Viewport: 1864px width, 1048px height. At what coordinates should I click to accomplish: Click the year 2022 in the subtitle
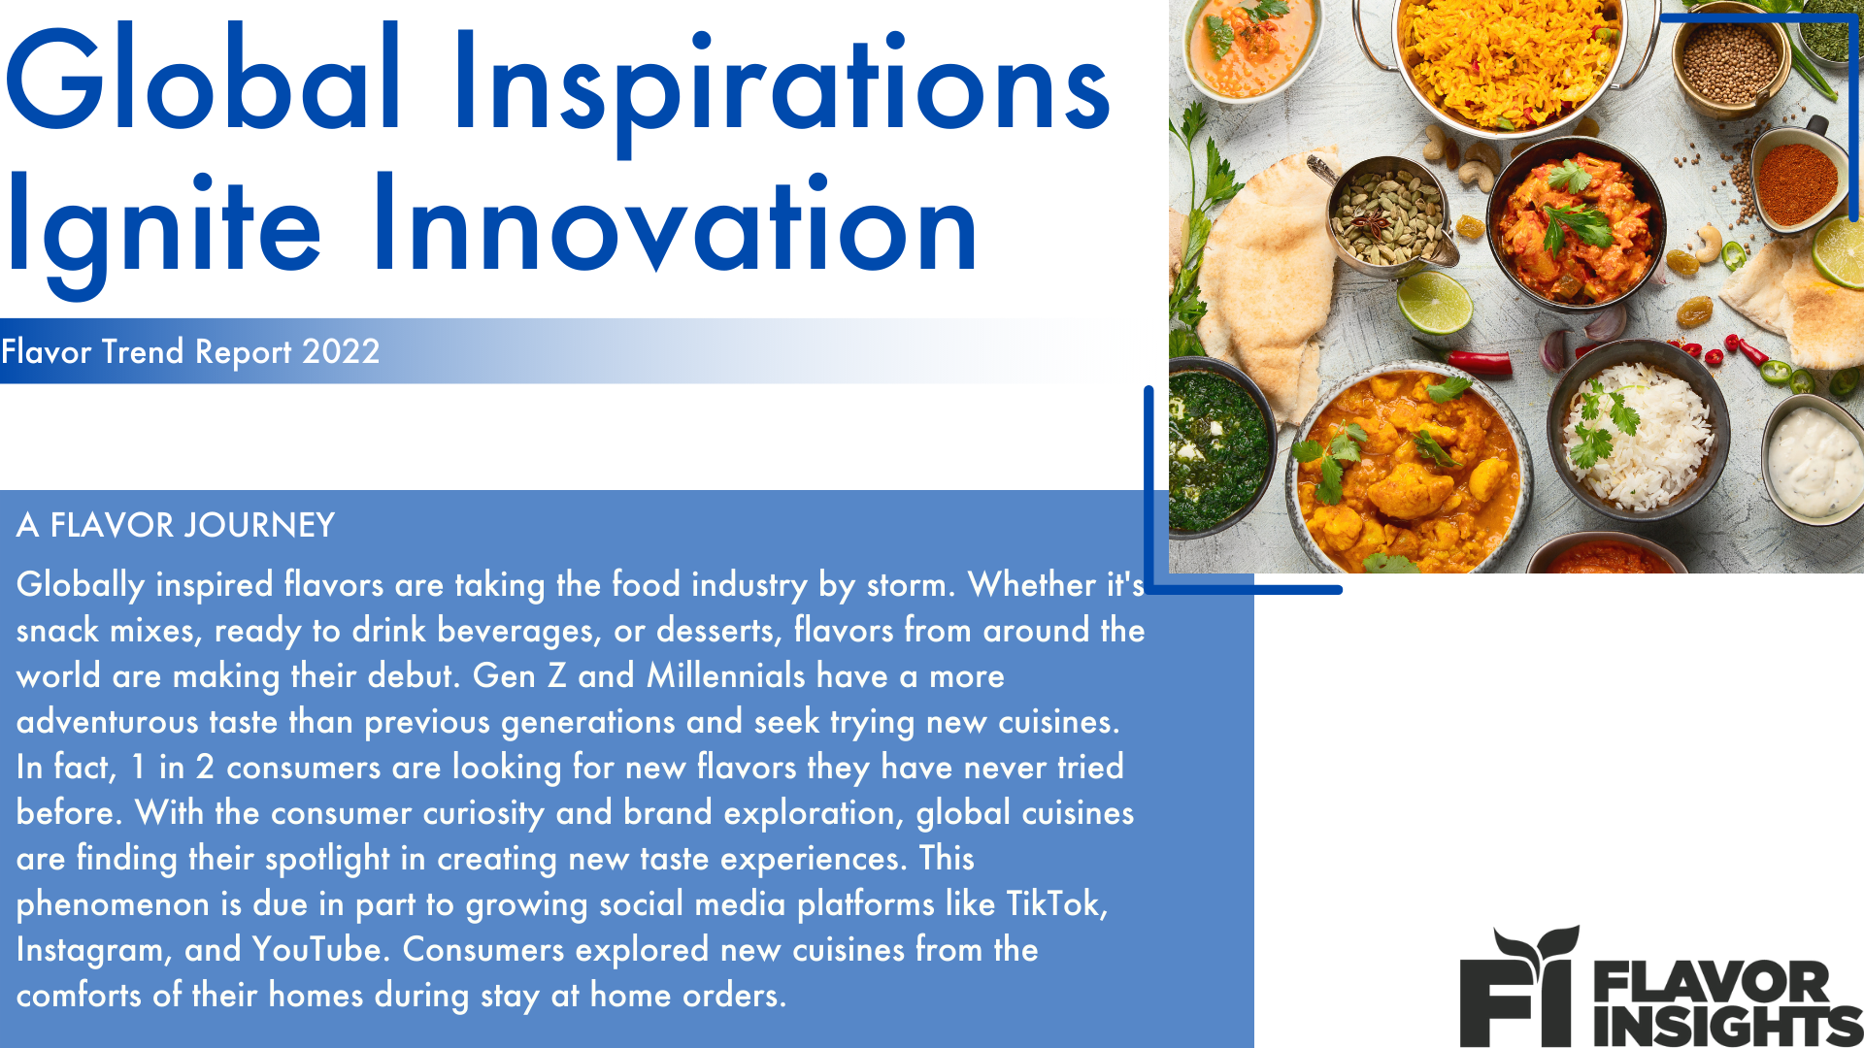(x=340, y=351)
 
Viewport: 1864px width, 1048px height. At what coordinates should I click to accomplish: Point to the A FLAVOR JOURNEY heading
(x=176, y=525)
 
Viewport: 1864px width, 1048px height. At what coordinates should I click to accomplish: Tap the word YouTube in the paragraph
(x=316, y=949)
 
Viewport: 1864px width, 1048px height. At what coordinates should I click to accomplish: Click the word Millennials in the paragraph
(x=726, y=675)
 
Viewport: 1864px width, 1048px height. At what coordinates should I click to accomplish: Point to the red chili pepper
(x=1481, y=364)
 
